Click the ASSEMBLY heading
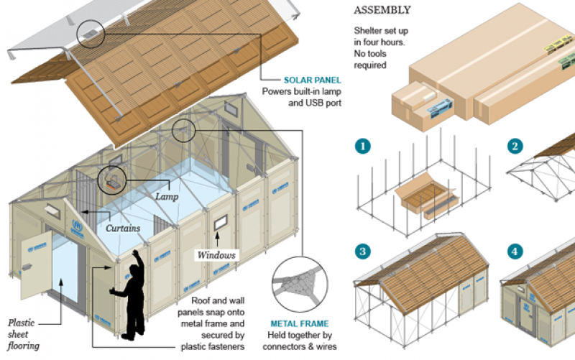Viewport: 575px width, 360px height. [x=382, y=10]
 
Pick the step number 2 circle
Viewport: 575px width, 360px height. [x=515, y=147]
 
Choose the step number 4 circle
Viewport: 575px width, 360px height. [x=515, y=251]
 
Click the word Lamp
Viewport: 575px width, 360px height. [x=167, y=195]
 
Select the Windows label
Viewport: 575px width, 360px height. [x=216, y=255]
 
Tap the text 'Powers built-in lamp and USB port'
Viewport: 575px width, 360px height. [x=301, y=97]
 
